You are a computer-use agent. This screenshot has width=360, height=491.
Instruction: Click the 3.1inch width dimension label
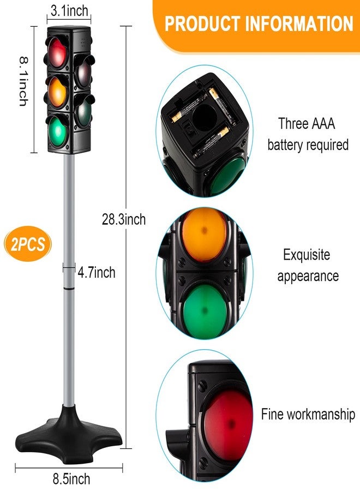pos(69,11)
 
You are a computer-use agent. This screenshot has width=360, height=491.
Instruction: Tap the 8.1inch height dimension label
pos(24,81)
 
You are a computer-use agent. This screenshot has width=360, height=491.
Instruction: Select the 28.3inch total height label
pos(124,219)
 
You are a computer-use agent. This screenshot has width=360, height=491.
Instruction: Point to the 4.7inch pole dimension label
pos(97,272)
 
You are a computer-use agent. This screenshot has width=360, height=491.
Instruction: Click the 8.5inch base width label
pos(71,479)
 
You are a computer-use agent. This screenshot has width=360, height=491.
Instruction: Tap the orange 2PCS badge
pos(28,244)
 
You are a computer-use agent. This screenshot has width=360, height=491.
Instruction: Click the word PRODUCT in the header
pos(202,23)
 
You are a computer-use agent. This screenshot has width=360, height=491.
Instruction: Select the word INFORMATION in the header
pos(299,23)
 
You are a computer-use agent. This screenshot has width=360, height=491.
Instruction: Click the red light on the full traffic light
pos(57,52)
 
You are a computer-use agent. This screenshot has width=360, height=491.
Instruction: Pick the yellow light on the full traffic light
pos(57,92)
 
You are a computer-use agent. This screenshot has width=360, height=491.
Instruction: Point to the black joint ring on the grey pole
pos(69,288)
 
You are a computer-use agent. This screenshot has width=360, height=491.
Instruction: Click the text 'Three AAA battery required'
pos(308,134)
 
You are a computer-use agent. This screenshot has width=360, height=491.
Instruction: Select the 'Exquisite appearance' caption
pos(308,265)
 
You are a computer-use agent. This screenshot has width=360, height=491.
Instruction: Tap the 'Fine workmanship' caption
pos(308,414)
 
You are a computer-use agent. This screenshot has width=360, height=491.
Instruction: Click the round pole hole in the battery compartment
pos(205,117)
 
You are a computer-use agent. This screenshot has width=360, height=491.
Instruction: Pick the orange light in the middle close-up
pos(204,233)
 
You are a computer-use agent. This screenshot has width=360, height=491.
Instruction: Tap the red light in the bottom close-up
pos(228,421)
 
